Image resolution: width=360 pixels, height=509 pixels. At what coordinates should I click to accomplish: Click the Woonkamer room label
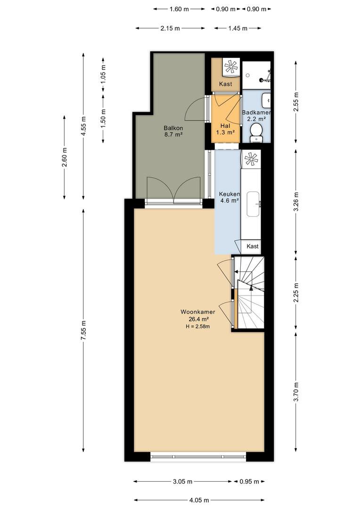198,312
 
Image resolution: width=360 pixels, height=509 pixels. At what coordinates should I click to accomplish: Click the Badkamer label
256,113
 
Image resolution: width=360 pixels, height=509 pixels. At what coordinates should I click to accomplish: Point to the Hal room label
225,126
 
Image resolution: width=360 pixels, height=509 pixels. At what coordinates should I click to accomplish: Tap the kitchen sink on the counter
253,204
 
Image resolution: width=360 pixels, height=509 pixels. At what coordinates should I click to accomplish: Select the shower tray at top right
256,75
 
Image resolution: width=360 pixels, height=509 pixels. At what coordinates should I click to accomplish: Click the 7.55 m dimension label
83,330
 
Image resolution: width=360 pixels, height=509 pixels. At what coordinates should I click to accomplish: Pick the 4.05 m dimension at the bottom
199,500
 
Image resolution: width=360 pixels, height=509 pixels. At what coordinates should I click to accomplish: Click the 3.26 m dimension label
296,202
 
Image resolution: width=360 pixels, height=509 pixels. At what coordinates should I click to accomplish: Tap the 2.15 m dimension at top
170,28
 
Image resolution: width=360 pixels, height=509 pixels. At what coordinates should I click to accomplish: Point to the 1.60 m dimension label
179,9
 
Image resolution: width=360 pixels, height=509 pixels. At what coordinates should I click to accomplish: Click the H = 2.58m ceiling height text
198,327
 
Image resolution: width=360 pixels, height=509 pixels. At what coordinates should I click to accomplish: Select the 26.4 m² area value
198,320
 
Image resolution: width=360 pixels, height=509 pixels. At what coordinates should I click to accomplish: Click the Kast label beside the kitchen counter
253,246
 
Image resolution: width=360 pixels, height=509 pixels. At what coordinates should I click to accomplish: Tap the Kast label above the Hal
226,84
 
